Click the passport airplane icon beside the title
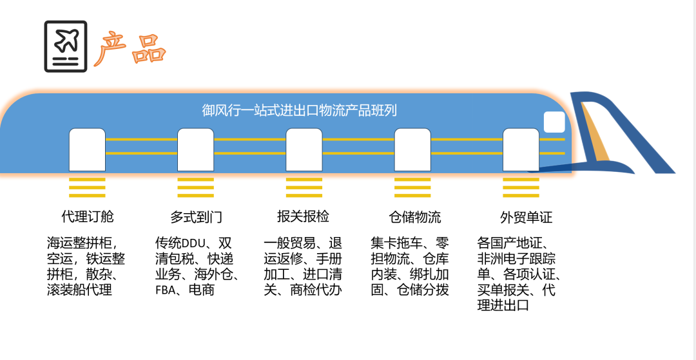click(65, 46)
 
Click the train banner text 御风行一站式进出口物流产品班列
click(299, 110)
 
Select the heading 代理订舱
click(87, 216)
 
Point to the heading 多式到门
click(196, 216)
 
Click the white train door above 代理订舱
click(87, 149)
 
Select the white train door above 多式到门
click(195, 149)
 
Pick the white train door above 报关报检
click(304, 149)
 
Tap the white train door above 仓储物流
click(412, 149)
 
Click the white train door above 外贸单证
click(521, 149)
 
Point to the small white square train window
click(554, 122)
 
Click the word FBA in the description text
click(167, 290)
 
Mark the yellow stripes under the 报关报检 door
click(304, 187)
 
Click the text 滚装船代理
click(79, 290)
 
